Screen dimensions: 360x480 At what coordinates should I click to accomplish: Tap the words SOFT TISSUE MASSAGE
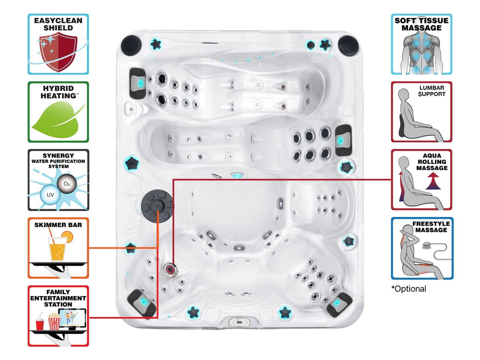(x=421, y=24)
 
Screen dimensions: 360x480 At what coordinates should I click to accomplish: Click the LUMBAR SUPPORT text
(x=432, y=91)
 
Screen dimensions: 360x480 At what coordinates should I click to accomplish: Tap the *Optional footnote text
(x=409, y=289)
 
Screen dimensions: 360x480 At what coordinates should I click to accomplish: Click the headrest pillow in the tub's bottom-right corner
(x=339, y=303)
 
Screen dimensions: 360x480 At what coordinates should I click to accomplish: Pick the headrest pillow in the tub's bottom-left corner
(x=143, y=303)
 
